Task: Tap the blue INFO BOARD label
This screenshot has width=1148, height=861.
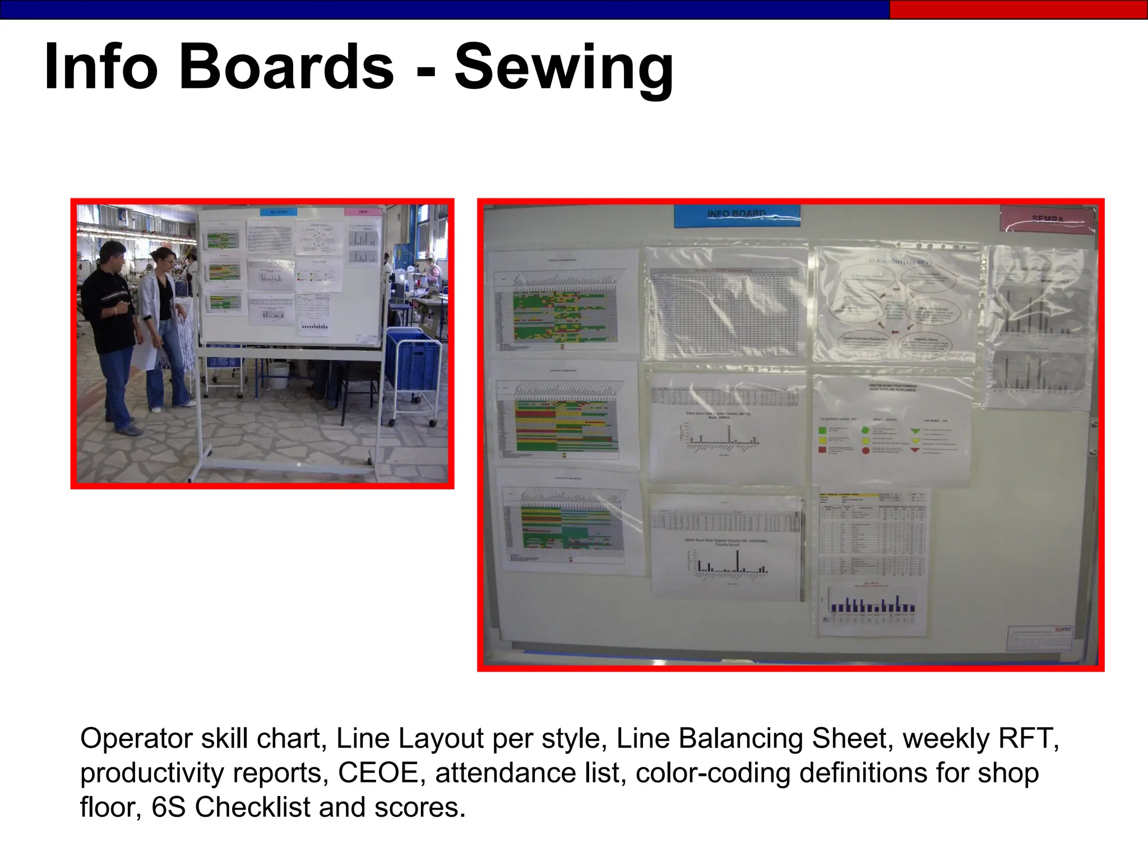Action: [x=737, y=216]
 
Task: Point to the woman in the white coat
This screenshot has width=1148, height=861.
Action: [x=163, y=325]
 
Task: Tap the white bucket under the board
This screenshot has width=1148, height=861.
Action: [x=278, y=376]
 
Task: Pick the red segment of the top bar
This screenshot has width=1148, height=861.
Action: [x=1018, y=10]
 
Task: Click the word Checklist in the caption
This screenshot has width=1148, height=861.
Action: [x=252, y=807]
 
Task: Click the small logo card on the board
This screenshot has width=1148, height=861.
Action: [x=1040, y=638]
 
